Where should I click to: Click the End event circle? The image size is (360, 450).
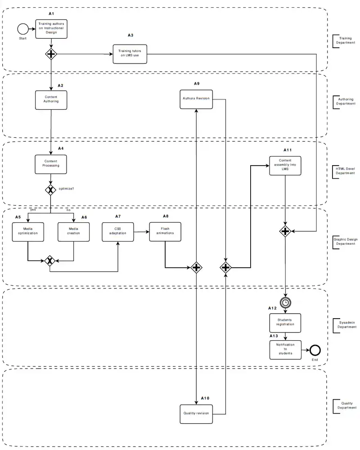[x=315, y=350]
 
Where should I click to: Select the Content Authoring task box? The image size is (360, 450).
[x=51, y=99]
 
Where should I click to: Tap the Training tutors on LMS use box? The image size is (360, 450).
[x=130, y=53]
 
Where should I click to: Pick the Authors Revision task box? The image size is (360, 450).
[x=196, y=99]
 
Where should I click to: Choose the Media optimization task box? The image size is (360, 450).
[x=28, y=232]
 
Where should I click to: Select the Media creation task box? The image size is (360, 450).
[x=73, y=232]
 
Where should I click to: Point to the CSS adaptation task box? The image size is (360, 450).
[x=118, y=232]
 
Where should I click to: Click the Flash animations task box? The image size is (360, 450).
[x=165, y=232]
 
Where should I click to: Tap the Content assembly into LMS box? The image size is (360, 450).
[x=285, y=166]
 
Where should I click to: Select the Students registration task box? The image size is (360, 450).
[x=285, y=322]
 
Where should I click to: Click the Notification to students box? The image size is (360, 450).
[x=285, y=349]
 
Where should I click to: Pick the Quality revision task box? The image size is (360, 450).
[x=196, y=413]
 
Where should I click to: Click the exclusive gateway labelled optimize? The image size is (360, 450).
[x=51, y=190]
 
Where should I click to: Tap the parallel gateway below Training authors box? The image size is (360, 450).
[x=51, y=54]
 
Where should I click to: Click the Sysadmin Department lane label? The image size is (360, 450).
[x=347, y=324]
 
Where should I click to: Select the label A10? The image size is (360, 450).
[x=205, y=398]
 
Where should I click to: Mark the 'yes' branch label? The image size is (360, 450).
[x=33, y=210]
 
